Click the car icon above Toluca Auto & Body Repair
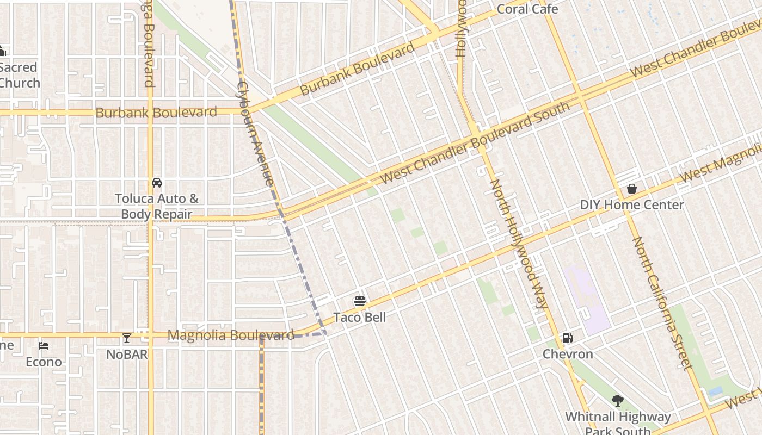(157, 183)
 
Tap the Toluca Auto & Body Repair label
(157, 207)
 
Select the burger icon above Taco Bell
(359, 301)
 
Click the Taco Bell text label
(359, 317)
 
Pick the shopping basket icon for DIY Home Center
(632, 189)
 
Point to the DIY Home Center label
(632, 205)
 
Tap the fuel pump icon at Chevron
(567, 338)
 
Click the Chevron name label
(568, 354)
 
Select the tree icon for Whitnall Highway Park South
(617, 401)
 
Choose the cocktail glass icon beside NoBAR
(127, 338)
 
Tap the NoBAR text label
(127, 355)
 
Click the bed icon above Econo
(44, 346)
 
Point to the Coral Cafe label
(527, 9)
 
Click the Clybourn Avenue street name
(255, 133)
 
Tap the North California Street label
(661, 302)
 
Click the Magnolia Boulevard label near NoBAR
(231, 335)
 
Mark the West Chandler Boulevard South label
(475, 142)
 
